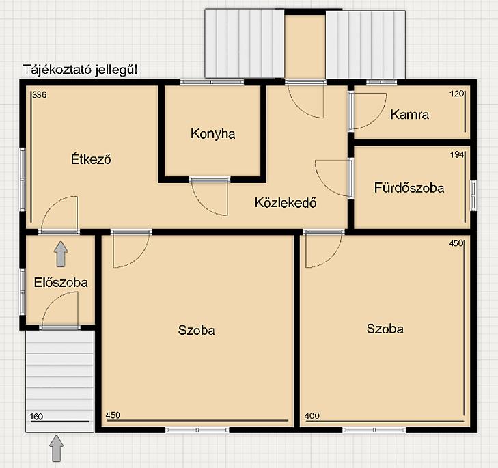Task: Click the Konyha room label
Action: pos(212,134)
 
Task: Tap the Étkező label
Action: pos(91,159)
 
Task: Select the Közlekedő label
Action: pos(286,202)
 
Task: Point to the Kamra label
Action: pos(409,114)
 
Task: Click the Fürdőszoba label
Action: pos(409,187)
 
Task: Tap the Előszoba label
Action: pos(61,282)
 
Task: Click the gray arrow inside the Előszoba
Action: pos(61,254)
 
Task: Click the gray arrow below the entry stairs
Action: pos(57,448)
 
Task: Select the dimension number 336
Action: pos(40,95)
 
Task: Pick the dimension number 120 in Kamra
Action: pos(457,94)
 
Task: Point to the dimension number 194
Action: pos(457,154)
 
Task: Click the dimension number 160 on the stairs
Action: pos(36,417)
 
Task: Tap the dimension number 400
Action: pos(312,416)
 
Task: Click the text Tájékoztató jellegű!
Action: pos(81,70)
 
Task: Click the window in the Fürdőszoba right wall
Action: pos(473,195)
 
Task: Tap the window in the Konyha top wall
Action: pos(212,82)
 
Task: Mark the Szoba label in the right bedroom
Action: pos(385,329)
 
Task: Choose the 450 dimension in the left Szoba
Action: pos(113,415)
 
